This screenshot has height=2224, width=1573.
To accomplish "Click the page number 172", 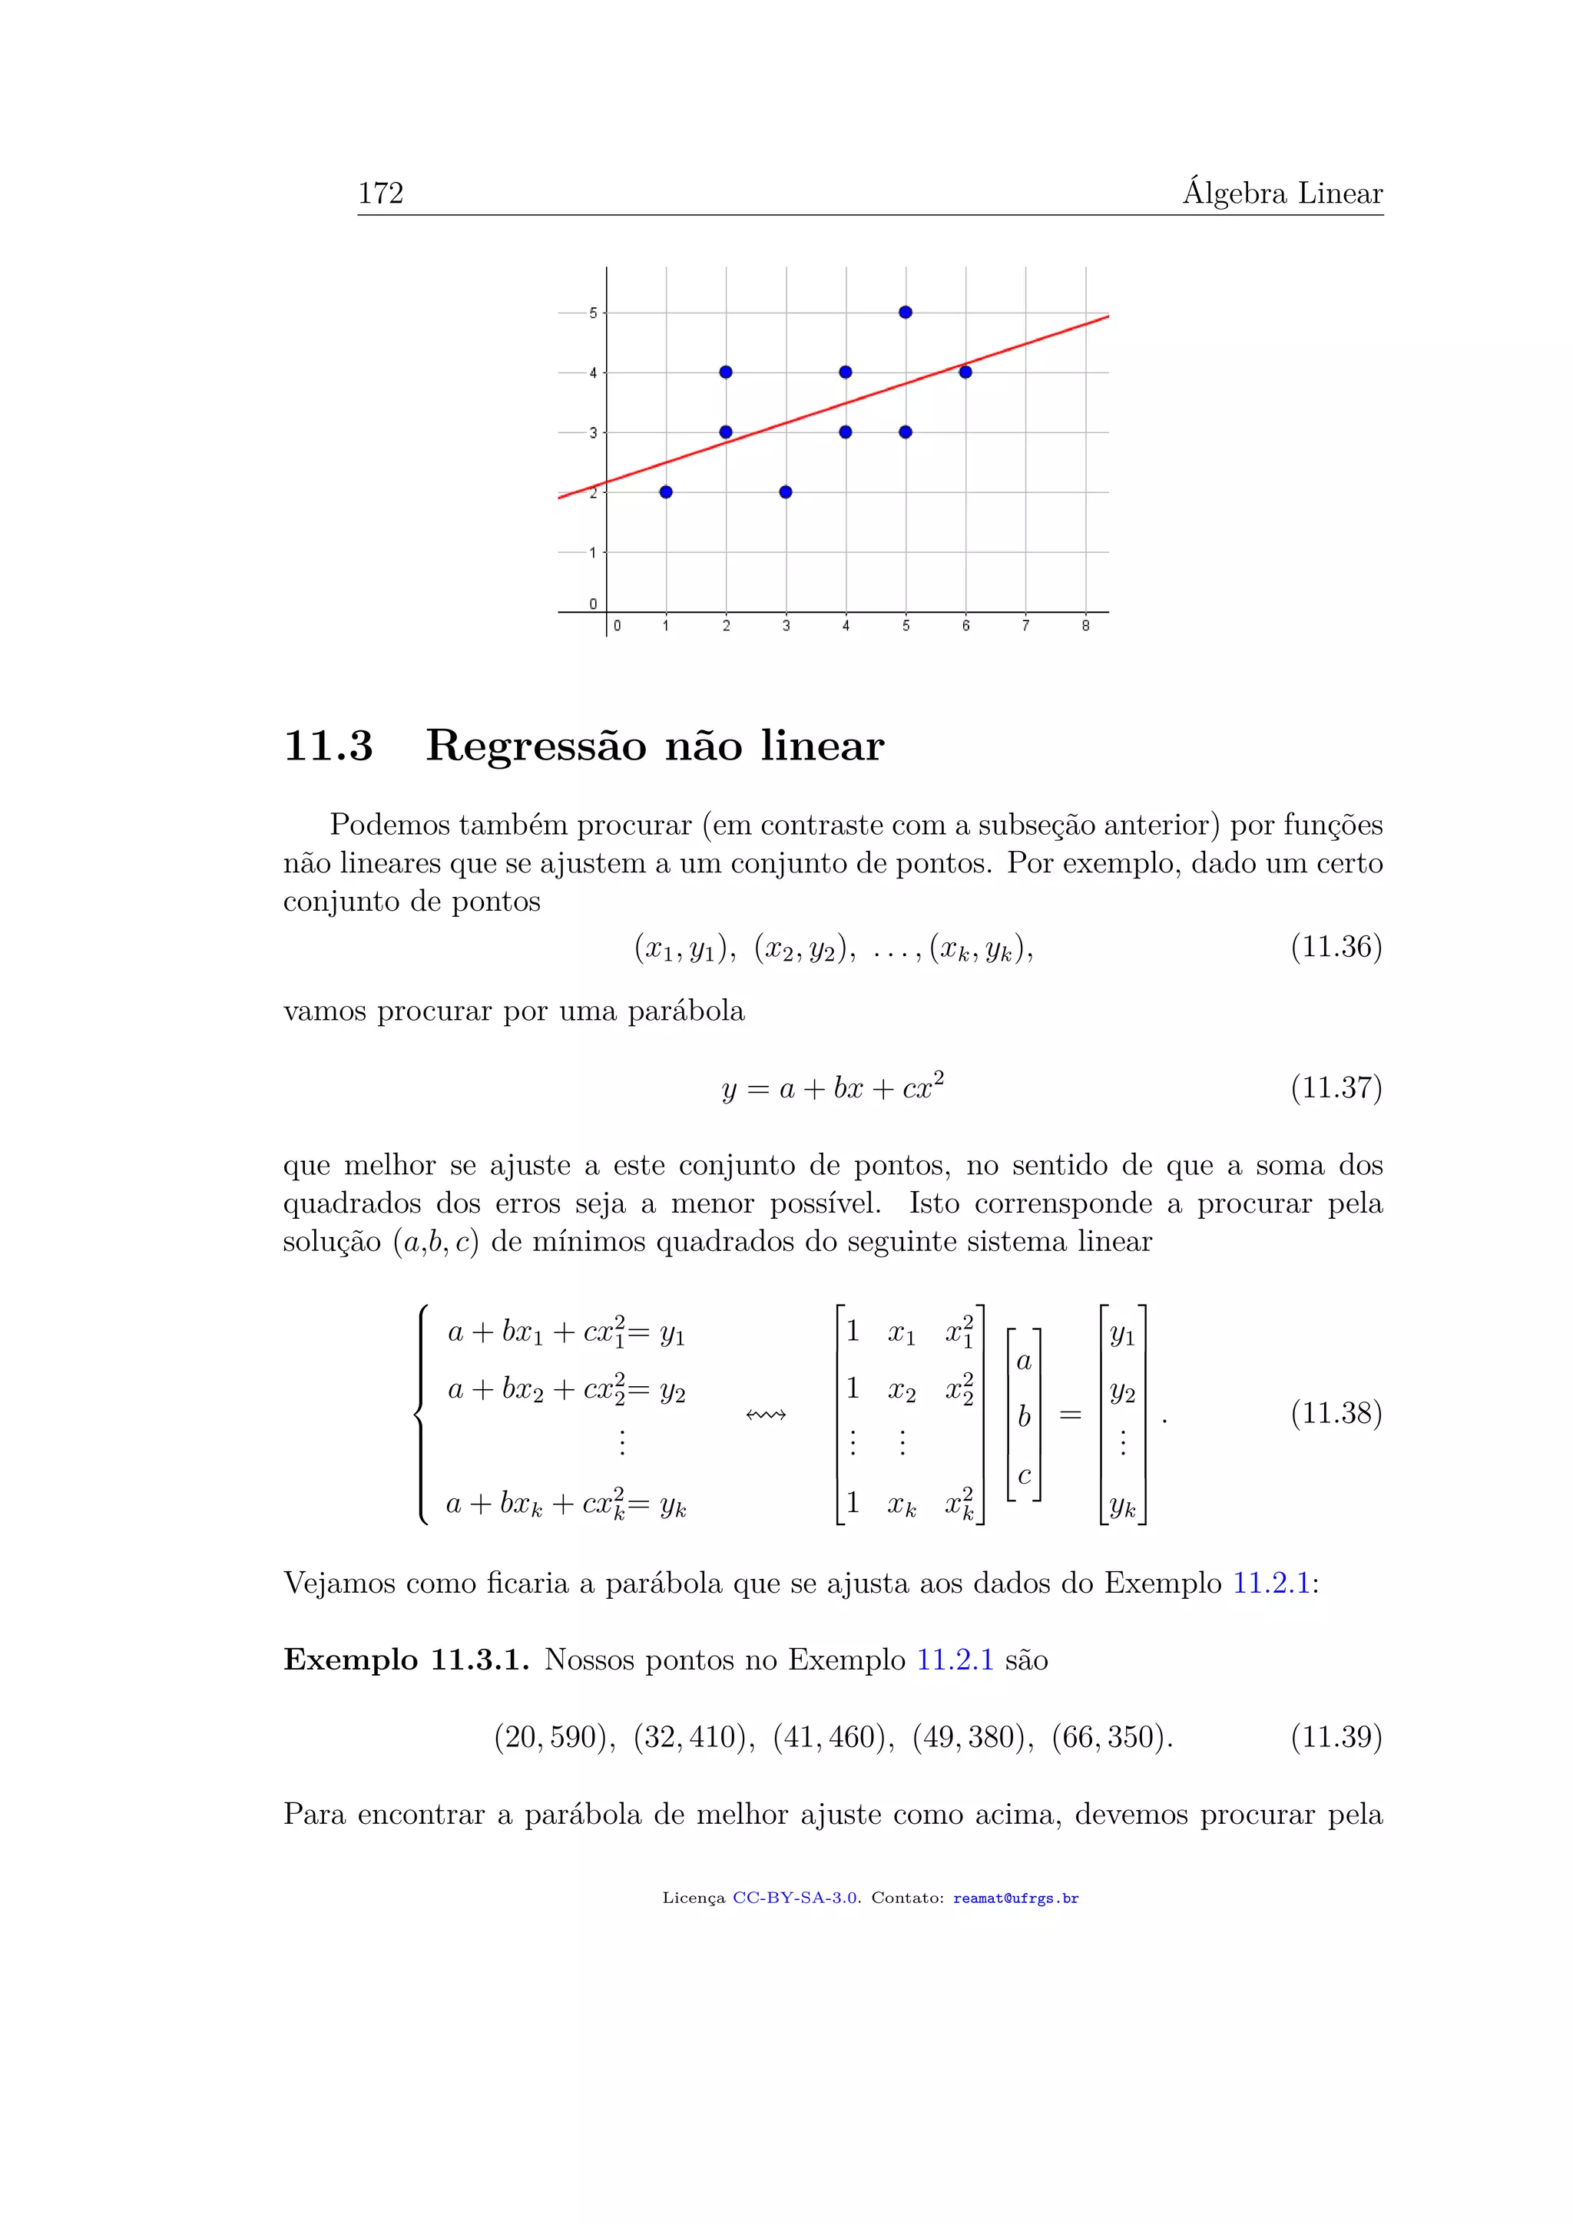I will pyautogui.click(x=381, y=194).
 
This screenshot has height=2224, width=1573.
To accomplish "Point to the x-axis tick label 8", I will pyautogui.click(x=1086, y=627).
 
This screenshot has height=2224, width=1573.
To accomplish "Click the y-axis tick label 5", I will pyautogui.click(x=594, y=313).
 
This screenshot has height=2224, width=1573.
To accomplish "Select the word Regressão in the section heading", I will pyautogui.click(x=535, y=746).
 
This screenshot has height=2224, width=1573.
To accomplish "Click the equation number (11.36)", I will pyautogui.click(x=1336, y=946).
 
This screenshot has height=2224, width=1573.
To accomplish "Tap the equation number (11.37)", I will pyautogui.click(x=1336, y=1087).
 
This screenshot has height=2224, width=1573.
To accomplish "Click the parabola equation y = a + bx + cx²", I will pyautogui.click(x=833, y=1087).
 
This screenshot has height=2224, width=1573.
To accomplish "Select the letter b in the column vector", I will pyautogui.click(x=1024, y=1416).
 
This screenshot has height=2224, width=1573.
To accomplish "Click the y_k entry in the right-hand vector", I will pyautogui.click(x=1123, y=1505).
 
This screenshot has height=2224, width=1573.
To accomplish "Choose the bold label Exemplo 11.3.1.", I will pyautogui.click(x=406, y=1660).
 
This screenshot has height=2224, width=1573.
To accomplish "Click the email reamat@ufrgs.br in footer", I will pyautogui.click(x=1015, y=1898).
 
